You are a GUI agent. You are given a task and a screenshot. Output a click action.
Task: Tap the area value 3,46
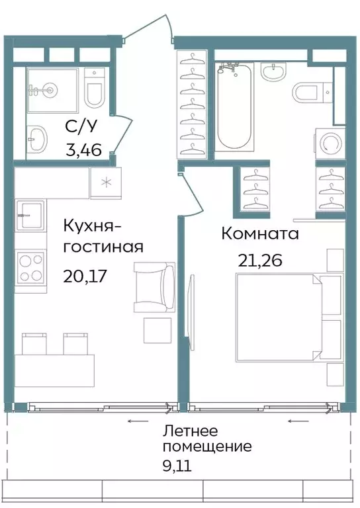tap(83, 150)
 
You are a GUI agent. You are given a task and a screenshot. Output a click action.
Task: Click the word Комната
tap(260, 233)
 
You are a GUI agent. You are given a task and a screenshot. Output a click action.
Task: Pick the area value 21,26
tap(260, 259)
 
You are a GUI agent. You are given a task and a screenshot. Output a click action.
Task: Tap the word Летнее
tap(193, 431)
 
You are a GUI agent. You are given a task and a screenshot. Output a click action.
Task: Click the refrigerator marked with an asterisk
tap(105, 183)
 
